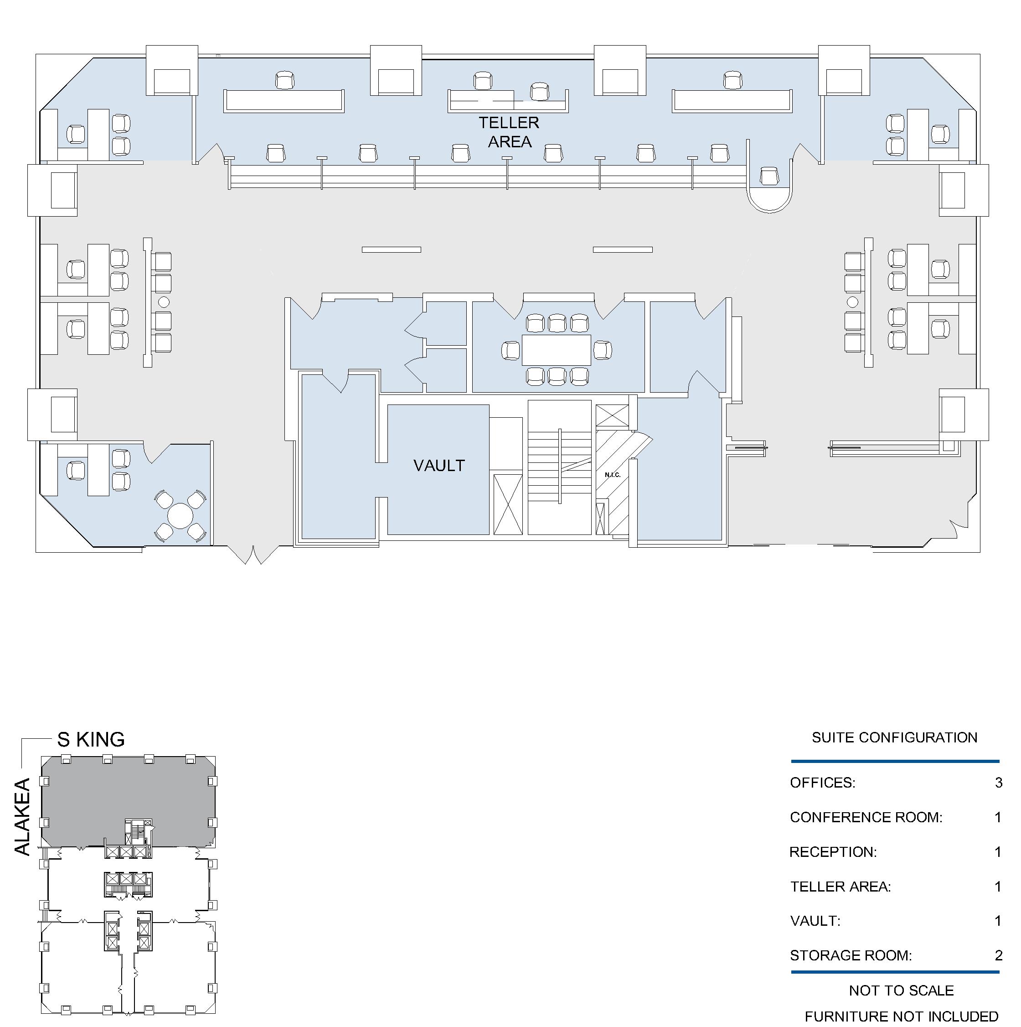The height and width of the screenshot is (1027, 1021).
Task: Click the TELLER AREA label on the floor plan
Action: (x=509, y=132)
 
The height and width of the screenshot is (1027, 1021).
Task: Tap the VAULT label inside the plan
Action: (x=439, y=466)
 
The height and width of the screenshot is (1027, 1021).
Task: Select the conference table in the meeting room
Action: (x=557, y=350)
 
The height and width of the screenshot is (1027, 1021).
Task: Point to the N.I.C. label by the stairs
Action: (x=613, y=475)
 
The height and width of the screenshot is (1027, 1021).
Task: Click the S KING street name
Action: (x=91, y=739)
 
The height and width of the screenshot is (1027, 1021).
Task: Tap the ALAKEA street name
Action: (x=22, y=817)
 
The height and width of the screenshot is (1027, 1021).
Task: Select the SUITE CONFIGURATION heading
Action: (x=895, y=737)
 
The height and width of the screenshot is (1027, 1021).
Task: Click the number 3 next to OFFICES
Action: (x=999, y=783)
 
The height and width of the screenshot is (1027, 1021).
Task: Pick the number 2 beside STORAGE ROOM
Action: (x=999, y=955)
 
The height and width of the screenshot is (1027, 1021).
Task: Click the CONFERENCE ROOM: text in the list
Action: (x=866, y=817)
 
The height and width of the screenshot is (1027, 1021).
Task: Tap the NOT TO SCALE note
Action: (x=902, y=991)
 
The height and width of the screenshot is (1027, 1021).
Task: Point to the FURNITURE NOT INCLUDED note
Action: (x=902, y=1017)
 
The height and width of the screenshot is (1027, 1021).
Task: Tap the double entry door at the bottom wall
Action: (x=253, y=555)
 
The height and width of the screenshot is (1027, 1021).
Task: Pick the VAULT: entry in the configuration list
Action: (x=815, y=921)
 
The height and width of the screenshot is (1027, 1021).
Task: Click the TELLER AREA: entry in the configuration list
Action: (x=841, y=886)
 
